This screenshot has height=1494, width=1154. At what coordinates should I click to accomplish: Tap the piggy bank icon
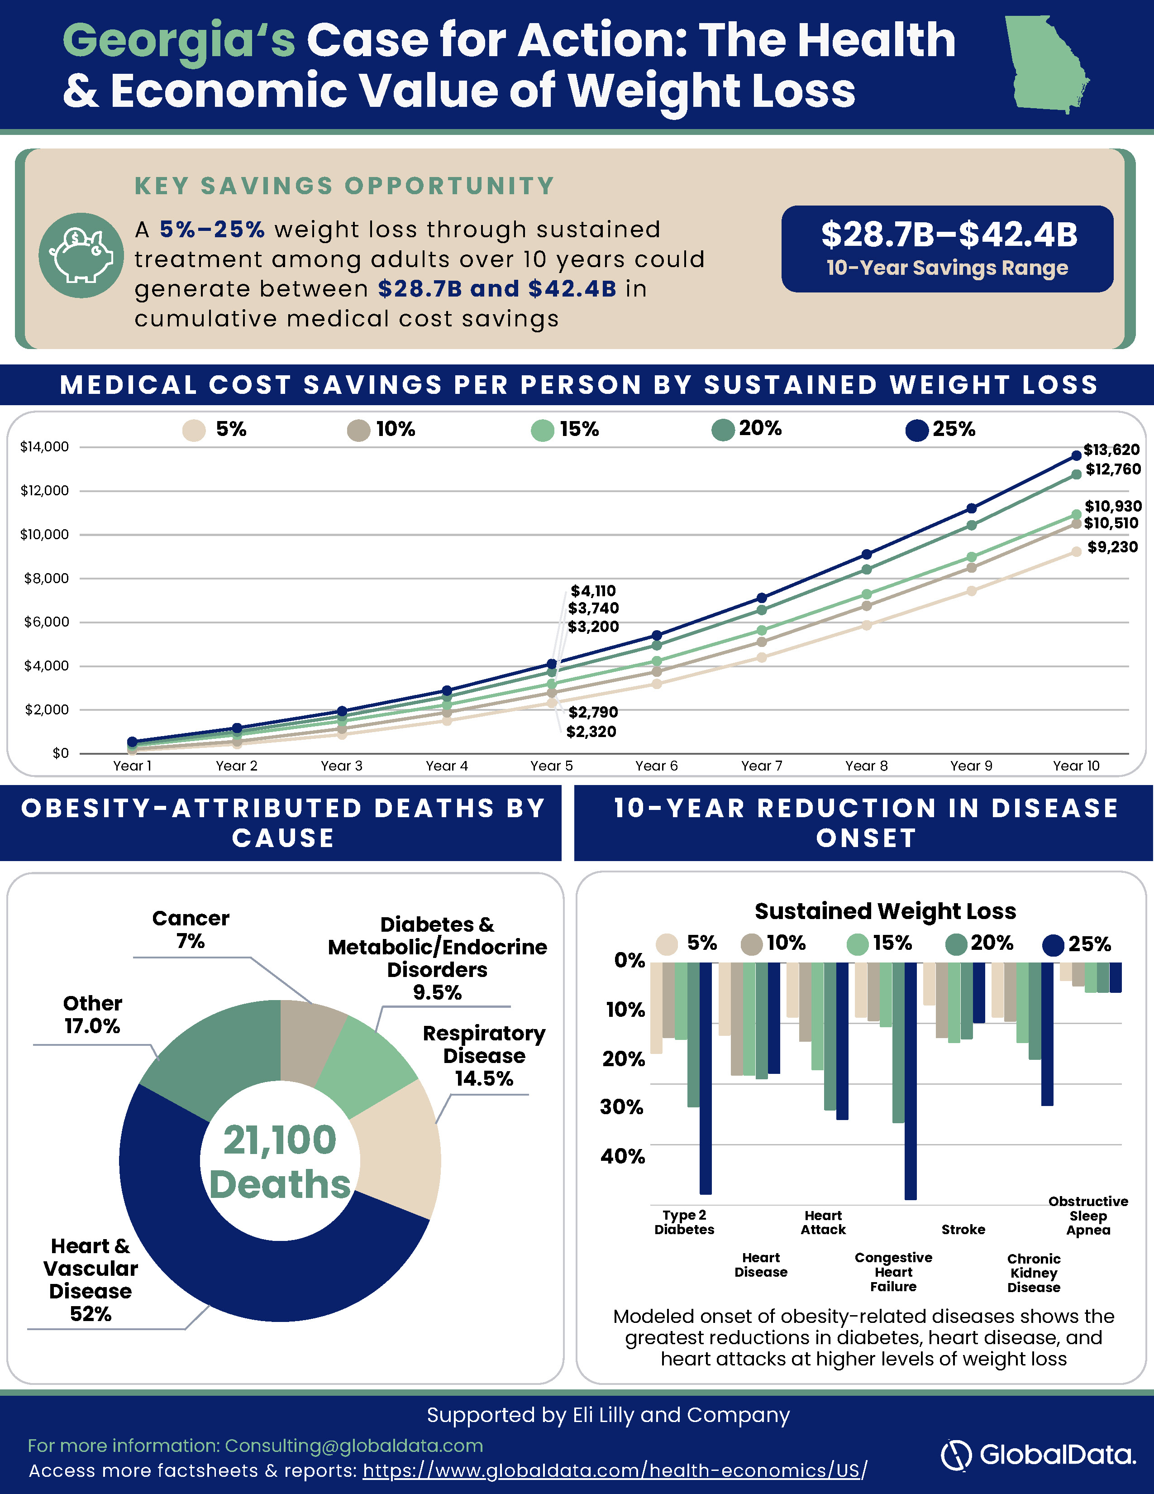[x=81, y=256]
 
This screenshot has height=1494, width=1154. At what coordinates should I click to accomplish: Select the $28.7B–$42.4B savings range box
[x=948, y=249]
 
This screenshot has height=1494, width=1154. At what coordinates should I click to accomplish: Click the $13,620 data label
[x=1111, y=450]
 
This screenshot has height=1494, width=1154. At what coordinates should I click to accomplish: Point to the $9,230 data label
[x=1112, y=546]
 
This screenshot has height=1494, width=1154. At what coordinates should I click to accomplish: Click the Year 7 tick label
[x=762, y=766]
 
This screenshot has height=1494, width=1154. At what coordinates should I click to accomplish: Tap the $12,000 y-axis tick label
[x=44, y=490]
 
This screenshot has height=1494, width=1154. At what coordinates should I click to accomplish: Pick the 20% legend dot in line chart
[x=723, y=430]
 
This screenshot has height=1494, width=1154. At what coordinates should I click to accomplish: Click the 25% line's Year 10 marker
[x=1076, y=455]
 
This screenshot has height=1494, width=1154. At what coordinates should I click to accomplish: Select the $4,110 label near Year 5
[x=593, y=590]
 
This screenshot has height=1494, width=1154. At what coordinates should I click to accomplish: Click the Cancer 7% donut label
[x=191, y=929]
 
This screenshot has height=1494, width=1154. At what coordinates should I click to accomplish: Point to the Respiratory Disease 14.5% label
[x=484, y=1055]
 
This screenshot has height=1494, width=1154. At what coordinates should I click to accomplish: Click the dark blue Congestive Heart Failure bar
[x=911, y=1081]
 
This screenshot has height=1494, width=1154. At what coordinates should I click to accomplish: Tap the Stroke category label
[x=963, y=1229]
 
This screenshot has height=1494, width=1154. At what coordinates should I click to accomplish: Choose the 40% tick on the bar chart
[x=623, y=1156]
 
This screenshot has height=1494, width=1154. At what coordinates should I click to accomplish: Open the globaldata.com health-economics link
[x=615, y=1470]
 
